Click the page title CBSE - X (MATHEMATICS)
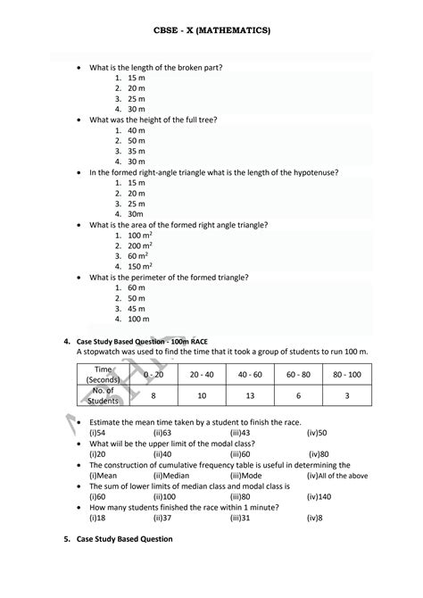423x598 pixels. point(211,30)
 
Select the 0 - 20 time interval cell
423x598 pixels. point(153,374)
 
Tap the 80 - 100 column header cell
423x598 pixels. point(346,374)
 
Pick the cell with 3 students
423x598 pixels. point(346,395)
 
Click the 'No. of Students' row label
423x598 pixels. point(103,395)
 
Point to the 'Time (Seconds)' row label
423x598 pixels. point(103,374)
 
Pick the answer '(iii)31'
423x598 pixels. point(239,517)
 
